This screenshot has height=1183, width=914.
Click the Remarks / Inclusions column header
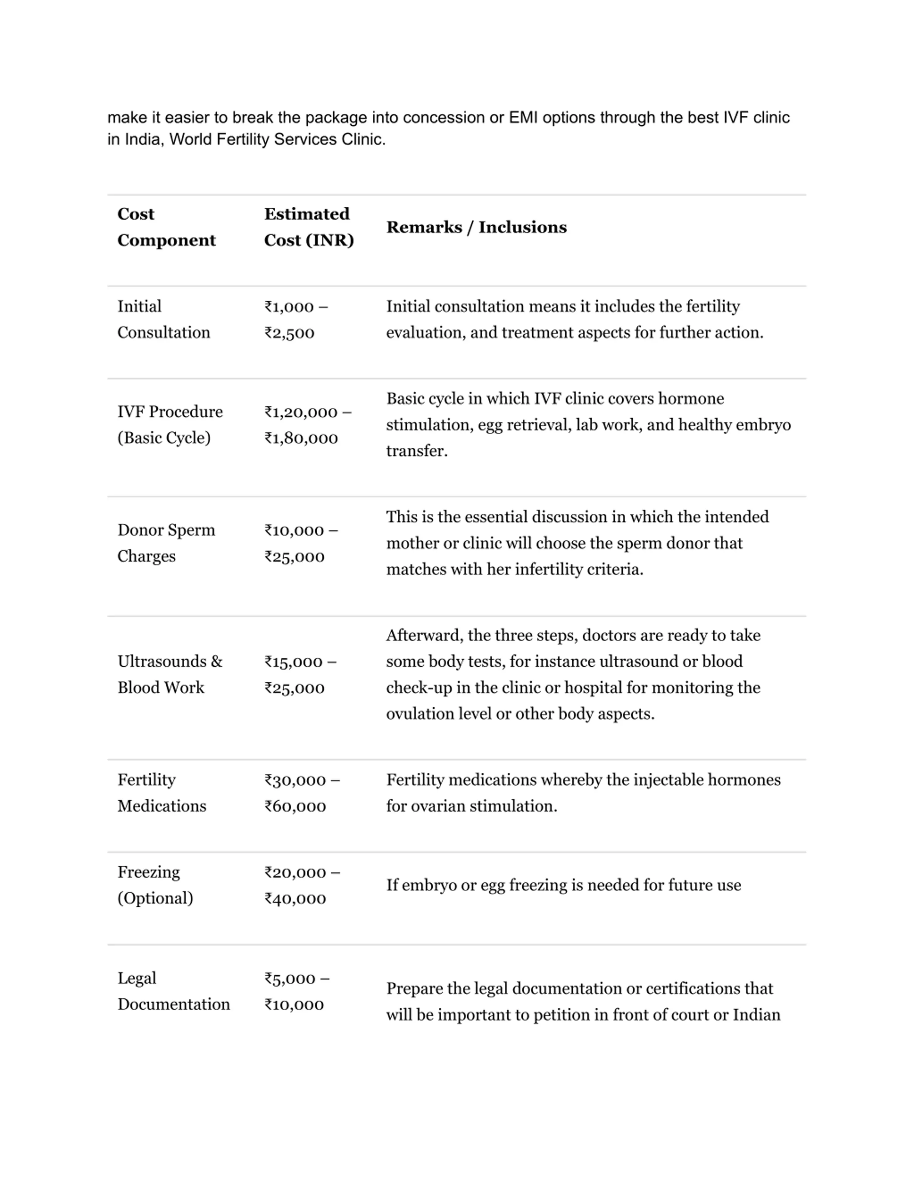click(x=476, y=227)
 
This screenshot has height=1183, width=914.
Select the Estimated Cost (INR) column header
click(x=308, y=227)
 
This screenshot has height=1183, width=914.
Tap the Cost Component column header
click(x=166, y=227)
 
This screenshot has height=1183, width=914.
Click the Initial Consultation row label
click(x=164, y=319)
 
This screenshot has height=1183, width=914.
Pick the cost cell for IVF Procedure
click(x=307, y=425)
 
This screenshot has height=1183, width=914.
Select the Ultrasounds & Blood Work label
click(x=170, y=675)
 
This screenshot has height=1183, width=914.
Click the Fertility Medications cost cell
click(x=302, y=793)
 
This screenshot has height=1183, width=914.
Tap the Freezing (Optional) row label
click(x=155, y=885)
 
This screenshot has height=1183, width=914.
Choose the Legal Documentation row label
click(x=173, y=991)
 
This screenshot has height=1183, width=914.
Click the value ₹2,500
click(x=289, y=332)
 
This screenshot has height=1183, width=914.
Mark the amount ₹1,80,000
click(x=301, y=438)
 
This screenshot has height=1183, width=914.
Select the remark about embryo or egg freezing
click(x=563, y=885)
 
